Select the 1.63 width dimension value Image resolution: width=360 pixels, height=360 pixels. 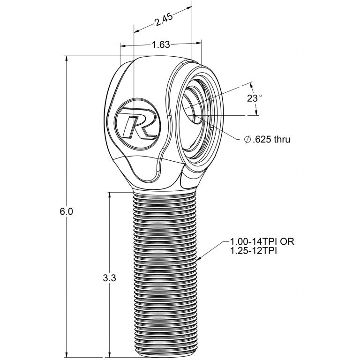161,45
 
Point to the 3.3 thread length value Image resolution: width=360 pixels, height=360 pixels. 109,277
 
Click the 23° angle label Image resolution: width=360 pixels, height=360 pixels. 255,98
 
